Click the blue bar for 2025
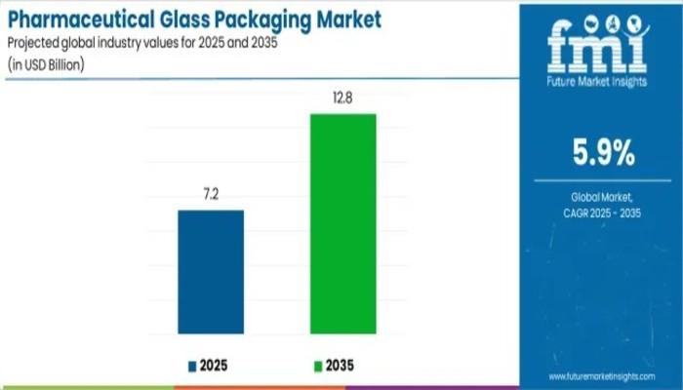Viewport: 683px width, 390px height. pyautogui.click(x=211, y=272)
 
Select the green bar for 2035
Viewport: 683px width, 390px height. pyautogui.click(x=343, y=224)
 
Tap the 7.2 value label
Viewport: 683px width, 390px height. pyautogui.click(x=211, y=195)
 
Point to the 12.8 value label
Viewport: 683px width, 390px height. pyautogui.click(x=343, y=98)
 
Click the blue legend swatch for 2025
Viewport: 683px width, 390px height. pyautogui.click(x=192, y=366)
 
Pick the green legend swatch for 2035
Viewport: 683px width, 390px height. pyautogui.click(x=315, y=366)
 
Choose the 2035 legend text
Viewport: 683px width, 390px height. pyautogui.click(x=341, y=366)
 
